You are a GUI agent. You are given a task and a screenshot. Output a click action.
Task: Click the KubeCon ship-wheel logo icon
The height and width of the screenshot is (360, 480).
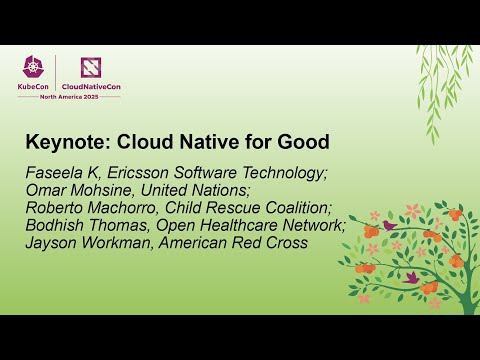tap(32, 69)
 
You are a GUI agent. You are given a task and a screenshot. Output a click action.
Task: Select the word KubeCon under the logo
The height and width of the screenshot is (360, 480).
tap(33, 87)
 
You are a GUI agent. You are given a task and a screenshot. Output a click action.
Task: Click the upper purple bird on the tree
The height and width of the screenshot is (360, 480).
tap(389, 226)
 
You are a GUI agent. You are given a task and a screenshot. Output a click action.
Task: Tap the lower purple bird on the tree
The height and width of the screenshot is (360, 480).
tap(411, 277)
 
